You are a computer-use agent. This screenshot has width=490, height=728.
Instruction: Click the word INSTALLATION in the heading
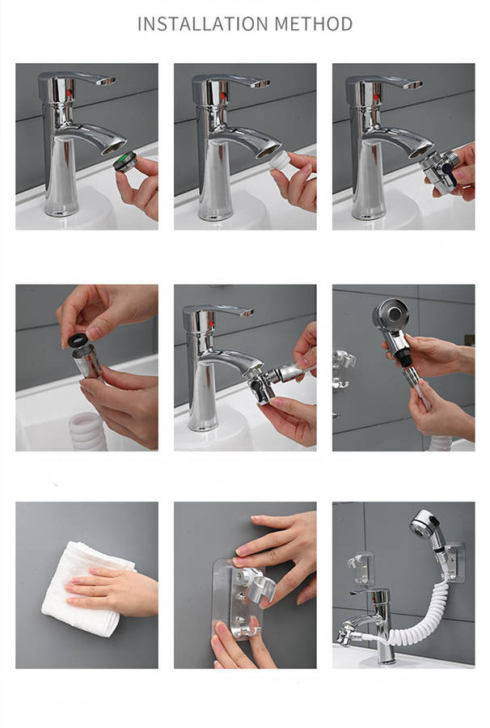click(203, 23)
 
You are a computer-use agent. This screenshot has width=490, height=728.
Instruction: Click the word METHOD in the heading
click(313, 23)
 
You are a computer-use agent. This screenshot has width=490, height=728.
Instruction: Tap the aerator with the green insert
click(125, 161)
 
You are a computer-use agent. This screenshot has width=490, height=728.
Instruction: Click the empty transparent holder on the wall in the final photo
click(361, 567)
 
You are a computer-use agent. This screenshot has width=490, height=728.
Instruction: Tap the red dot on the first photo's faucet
click(70, 93)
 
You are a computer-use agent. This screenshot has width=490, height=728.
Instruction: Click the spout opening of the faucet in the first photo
click(114, 146)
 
